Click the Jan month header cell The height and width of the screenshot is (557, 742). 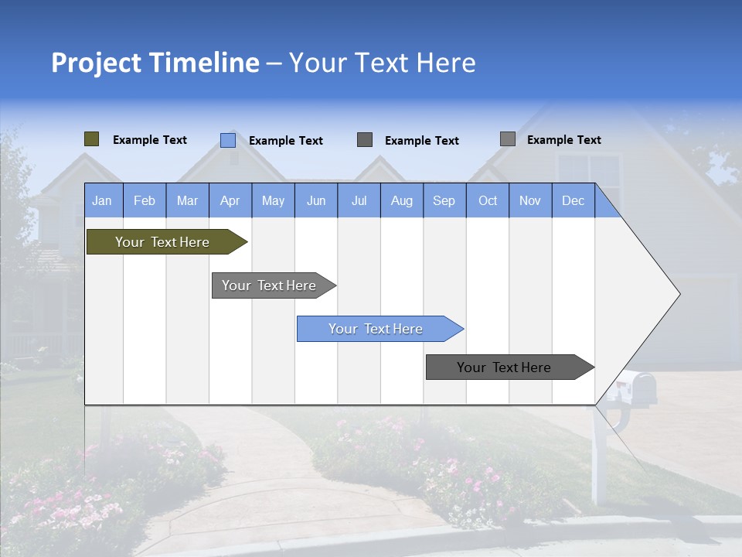pyautogui.click(x=103, y=200)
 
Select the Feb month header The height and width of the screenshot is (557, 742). pyautogui.click(x=145, y=200)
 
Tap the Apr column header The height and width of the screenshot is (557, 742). pyautogui.click(x=230, y=200)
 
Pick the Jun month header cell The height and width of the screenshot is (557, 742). pyautogui.click(x=316, y=200)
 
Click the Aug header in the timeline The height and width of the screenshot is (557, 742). pyautogui.click(x=402, y=200)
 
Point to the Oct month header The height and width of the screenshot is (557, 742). pyautogui.click(x=488, y=200)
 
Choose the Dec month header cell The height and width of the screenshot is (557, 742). pyautogui.click(x=574, y=200)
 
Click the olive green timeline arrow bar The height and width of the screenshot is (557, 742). pyautogui.click(x=162, y=242)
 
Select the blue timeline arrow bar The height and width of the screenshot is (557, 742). pyautogui.click(x=376, y=329)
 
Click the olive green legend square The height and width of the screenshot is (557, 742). pyautogui.click(x=92, y=139)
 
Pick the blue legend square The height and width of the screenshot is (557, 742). pyautogui.click(x=228, y=140)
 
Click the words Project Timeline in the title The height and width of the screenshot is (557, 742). pyautogui.click(x=155, y=63)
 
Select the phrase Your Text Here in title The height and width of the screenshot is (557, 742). pyautogui.click(x=383, y=63)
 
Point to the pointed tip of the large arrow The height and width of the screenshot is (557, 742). pyautogui.click(x=678, y=294)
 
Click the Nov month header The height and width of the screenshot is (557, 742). pyautogui.click(x=530, y=200)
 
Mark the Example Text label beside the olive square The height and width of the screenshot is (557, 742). pyautogui.click(x=150, y=140)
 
